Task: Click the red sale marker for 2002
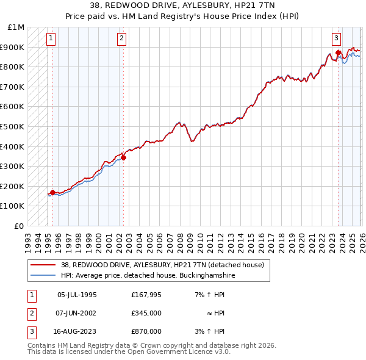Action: click(123, 157)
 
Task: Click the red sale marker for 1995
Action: click(52, 192)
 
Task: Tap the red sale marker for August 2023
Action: click(338, 53)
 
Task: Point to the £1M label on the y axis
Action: click(16, 27)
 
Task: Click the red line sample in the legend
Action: click(44, 265)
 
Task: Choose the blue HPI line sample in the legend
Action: click(44, 276)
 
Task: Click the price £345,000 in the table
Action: click(146, 313)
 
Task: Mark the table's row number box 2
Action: click(30, 313)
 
